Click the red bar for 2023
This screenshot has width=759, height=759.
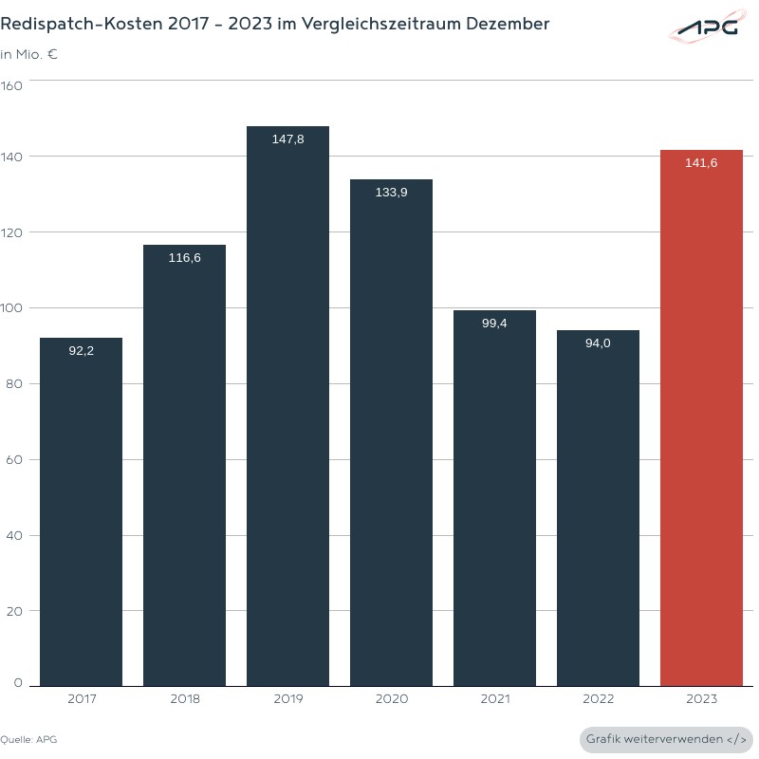(x=701, y=417)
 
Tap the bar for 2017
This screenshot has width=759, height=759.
(x=81, y=512)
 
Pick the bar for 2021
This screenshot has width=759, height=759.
(x=494, y=498)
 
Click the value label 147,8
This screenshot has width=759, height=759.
(x=287, y=139)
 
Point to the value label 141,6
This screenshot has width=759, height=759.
(x=701, y=163)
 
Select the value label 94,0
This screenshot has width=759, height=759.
(x=598, y=343)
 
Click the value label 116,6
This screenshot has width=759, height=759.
(x=184, y=258)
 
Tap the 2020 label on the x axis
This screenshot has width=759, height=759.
(x=391, y=699)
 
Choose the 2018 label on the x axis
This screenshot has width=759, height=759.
(x=184, y=699)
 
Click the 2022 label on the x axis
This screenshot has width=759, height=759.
(x=598, y=699)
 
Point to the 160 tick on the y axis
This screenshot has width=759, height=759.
(x=12, y=85)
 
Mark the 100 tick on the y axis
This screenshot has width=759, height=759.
(x=12, y=308)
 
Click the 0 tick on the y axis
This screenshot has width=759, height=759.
(x=18, y=682)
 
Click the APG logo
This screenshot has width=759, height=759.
(x=704, y=29)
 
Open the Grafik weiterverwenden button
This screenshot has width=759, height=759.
(x=666, y=739)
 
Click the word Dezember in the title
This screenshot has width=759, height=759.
(x=507, y=24)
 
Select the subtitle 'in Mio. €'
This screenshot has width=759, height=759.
(x=29, y=54)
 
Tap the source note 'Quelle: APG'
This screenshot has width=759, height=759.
(x=22, y=739)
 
